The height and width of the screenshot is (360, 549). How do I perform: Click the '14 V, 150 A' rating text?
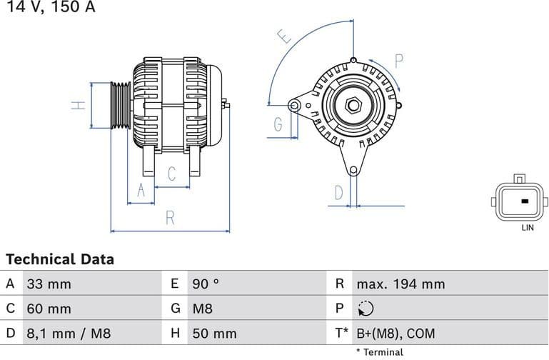pos(48,7)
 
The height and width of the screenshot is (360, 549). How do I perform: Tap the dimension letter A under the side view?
pos(141,189)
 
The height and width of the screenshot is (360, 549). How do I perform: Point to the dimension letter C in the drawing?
pos(172,174)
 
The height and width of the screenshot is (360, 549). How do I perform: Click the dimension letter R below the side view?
pos(170,218)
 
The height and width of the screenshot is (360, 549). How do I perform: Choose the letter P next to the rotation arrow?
pos(399,61)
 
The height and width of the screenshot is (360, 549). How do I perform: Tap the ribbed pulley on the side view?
pos(121,106)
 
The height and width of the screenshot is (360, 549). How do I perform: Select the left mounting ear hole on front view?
pos(293,106)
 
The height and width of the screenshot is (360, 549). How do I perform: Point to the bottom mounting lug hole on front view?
pos(353,170)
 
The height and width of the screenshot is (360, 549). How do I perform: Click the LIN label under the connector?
pos(527,228)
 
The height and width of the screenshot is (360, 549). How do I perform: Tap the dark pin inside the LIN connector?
pos(526,201)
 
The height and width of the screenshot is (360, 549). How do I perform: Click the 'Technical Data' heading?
pos(60,259)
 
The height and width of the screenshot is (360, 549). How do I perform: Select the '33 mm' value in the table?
pos(49,284)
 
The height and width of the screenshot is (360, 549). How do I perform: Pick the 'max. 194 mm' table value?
pos(401,284)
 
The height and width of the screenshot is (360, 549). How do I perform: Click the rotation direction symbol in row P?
pos(365,309)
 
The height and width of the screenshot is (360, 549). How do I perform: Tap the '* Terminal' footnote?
pos(379,352)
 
